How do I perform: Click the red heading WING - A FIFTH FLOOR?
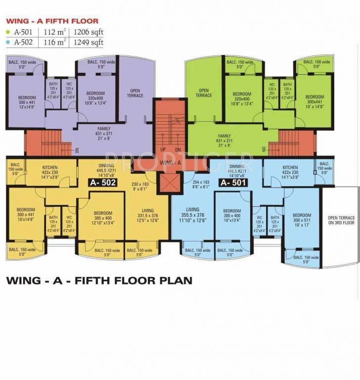[52, 21]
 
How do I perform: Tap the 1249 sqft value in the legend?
[90, 43]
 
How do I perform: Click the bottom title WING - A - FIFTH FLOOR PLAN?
[98, 281]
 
